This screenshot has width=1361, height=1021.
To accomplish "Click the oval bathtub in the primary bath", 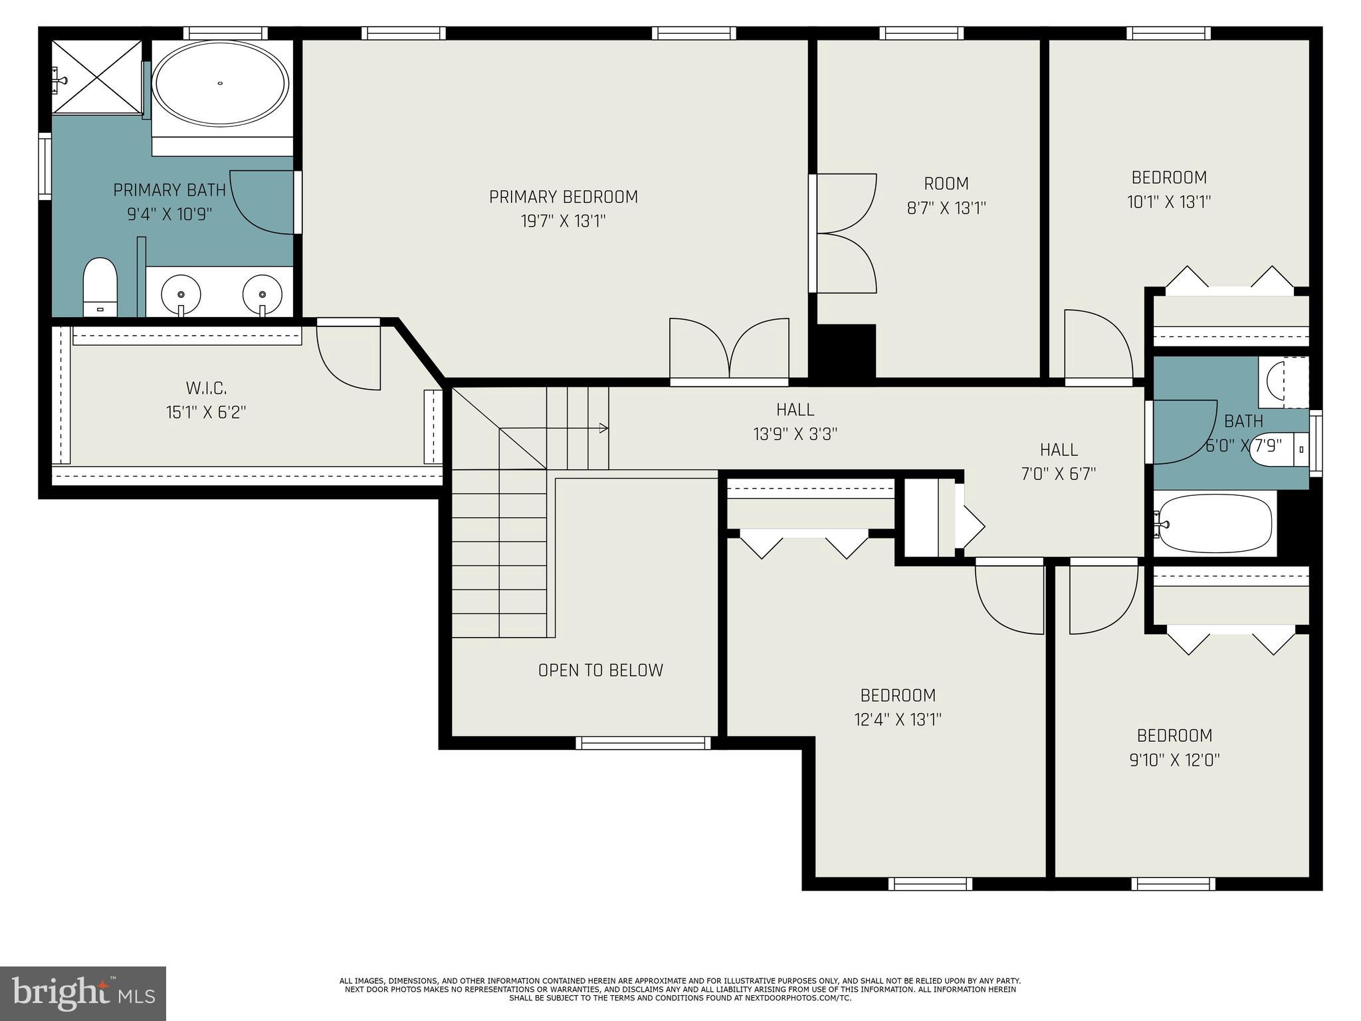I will [x=220, y=84].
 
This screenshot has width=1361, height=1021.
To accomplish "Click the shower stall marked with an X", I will [x=97, y=77].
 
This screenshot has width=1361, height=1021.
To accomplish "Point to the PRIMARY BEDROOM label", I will [x=563, y=197].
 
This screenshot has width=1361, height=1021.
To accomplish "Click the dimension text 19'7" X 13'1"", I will [x=563, y=221].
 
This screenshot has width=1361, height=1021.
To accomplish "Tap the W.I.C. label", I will [x=206, y=388].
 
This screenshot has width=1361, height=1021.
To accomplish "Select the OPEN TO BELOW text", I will [x=600, y=670].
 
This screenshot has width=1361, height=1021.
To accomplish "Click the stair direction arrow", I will [x=602, y=428].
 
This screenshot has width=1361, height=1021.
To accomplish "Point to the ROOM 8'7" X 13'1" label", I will [x=946, y=195].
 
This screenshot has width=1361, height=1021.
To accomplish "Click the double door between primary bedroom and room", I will [x=845, y=233].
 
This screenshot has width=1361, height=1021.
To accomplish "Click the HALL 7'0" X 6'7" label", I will [x=1058, y=462].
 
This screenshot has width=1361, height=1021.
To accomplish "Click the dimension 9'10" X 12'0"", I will [x=1174, y=760].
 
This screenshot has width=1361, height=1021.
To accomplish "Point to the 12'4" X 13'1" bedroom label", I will [x=898, y=707].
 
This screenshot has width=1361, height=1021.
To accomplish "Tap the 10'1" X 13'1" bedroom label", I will [x=1169, y=189].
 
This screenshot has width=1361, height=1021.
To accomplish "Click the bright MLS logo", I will [x=83, y=993].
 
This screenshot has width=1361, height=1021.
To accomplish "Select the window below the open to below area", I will [x=643, y=743].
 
